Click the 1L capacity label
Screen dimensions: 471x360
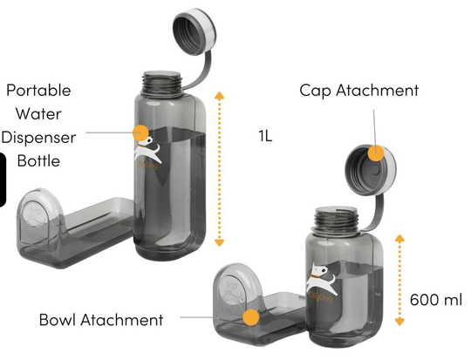coord(265,136)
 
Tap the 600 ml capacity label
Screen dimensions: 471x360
coord(436,300)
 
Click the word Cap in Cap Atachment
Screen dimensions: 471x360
coord(315,91)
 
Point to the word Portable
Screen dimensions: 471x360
coord(38,90)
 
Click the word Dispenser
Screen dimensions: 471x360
coord(38,138)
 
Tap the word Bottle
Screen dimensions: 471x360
coord(38,161)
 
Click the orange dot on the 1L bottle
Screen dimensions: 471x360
coord(140,132)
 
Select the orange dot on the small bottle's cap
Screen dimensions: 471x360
coord(376,153)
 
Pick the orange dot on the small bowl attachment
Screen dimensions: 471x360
coord(251,317)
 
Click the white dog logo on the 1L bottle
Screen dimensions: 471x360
coord(147,150)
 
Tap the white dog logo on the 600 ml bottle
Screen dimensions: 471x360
coord(320,279)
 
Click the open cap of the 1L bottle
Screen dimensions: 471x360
coord(195,31)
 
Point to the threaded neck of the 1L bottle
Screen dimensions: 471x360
coord(162,84)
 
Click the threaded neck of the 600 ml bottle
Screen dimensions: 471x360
coord(336,219)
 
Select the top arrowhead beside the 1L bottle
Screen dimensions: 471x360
coord(220,96)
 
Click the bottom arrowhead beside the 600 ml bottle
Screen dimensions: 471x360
coord(399,322)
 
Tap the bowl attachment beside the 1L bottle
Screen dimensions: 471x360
coord(72,230)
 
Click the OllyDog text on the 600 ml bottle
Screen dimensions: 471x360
coord(321,297)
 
